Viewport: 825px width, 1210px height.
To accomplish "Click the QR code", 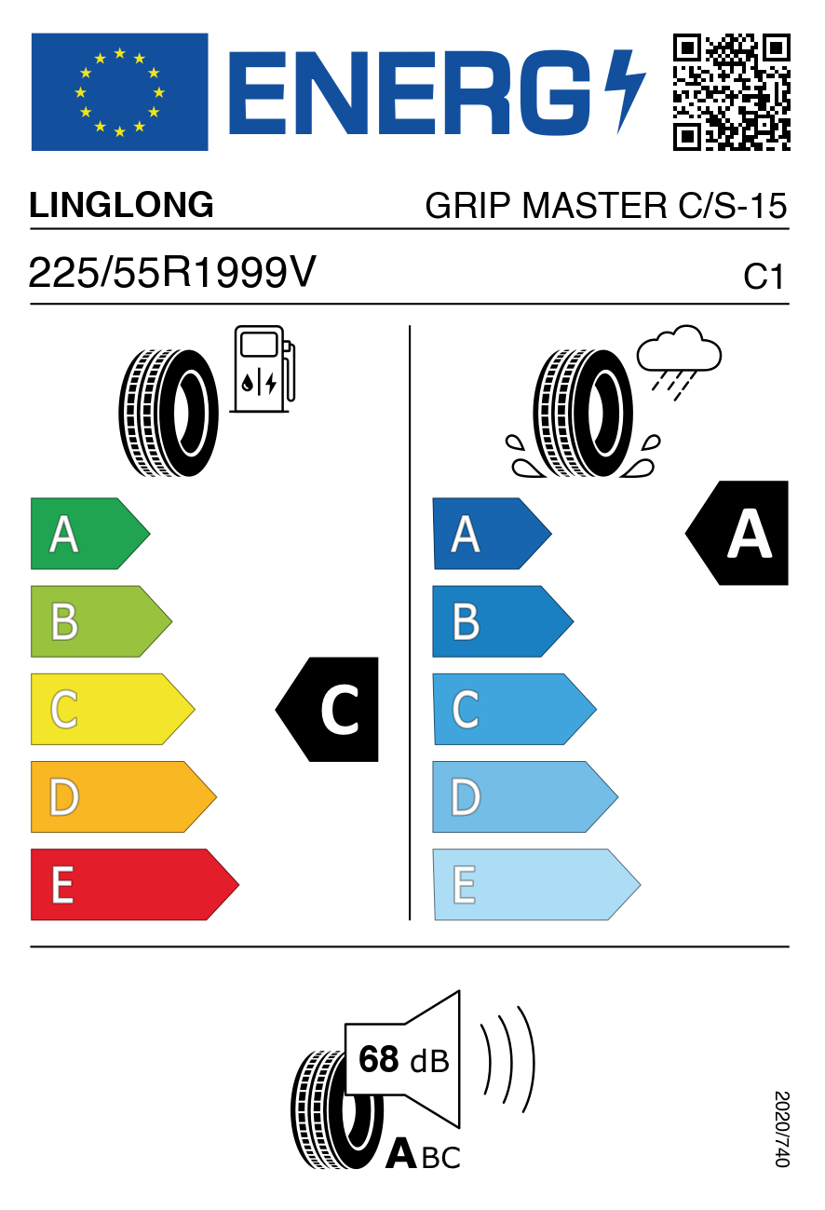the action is point(732,92).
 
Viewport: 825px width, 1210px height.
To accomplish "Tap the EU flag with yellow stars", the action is point(119,92).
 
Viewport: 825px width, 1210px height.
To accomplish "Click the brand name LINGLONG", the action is point(121,205).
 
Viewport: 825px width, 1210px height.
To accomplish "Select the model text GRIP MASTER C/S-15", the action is point(606,206).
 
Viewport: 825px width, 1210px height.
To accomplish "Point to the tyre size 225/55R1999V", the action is point(171,272).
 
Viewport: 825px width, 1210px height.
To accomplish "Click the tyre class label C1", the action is point(763,277).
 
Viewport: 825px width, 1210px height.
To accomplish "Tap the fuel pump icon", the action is point(263,369).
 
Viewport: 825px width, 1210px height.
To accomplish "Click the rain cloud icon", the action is point(679,363).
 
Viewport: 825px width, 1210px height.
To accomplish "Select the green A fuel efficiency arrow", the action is point(90,534).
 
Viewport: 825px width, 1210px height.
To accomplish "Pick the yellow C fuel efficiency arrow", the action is point(113,709).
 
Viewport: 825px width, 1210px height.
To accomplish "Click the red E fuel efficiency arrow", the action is point(135,885).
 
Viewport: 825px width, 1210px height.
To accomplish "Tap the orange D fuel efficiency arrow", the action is point(124,796).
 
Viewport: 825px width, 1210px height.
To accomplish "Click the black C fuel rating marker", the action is point(327,709).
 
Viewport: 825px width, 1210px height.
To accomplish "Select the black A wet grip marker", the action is point(737,533).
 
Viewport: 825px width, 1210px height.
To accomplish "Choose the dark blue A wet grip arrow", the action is point(492,534).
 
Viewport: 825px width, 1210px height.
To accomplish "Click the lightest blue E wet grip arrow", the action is point(536,885).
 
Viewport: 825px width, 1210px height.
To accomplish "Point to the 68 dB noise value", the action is point(403,1060).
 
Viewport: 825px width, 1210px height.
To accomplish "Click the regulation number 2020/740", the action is point(782,1129).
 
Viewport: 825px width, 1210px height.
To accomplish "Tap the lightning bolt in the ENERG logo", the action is point(625,90).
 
